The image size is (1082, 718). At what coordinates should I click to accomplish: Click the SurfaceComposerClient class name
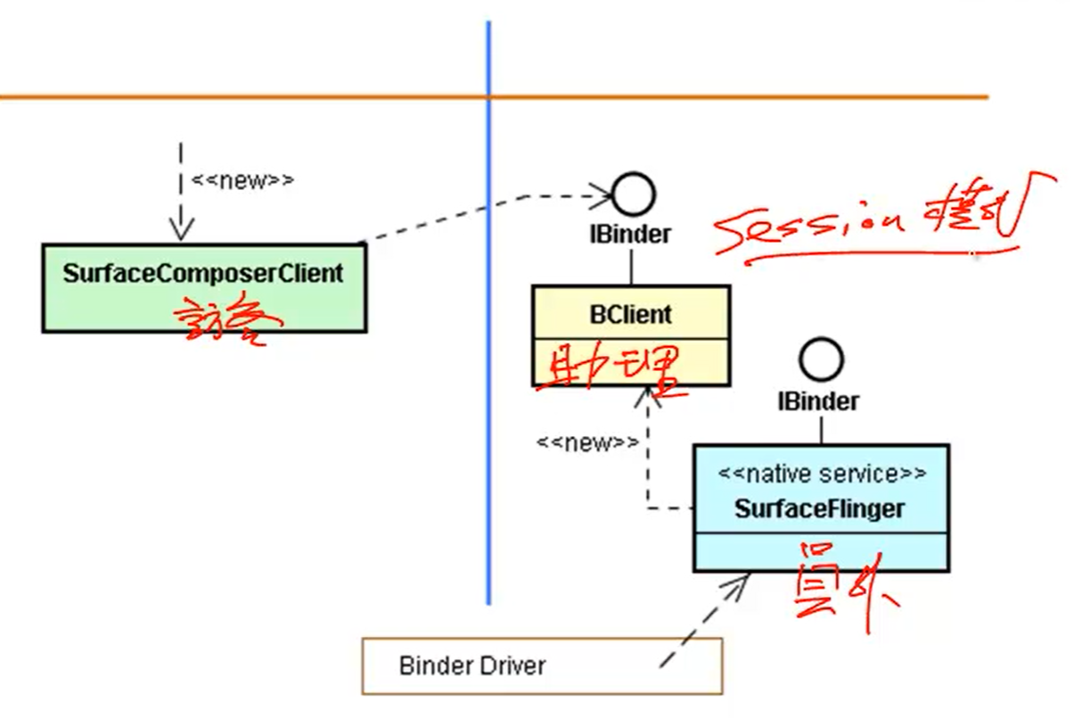coord(203,274)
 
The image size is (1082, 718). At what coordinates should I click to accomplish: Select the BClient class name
coord(631,315)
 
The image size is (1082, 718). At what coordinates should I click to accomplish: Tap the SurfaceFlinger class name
coord(819,508)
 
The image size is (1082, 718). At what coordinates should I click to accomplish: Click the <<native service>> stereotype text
coord(822,473)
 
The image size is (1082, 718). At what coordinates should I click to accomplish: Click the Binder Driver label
coord(472,665)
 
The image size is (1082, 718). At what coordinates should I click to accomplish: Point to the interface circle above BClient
coord(633,194)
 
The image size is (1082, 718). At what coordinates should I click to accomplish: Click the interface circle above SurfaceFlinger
coord(821,360)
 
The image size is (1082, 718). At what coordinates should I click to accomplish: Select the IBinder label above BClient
coord(629,235)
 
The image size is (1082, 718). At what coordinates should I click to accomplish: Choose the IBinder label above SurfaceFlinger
coord(818,401)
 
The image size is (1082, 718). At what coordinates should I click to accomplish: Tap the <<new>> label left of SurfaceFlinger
coord(587,442)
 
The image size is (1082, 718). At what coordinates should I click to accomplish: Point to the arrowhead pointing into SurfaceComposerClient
coord(181,230)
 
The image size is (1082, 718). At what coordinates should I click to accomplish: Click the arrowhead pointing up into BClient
coord(648,400)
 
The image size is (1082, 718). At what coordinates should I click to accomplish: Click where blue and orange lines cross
coord(488,96)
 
